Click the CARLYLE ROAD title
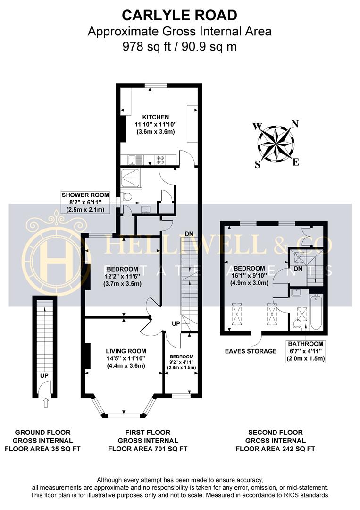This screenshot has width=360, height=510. [x=180, y=15]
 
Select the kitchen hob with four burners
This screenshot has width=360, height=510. [x=160, y=160]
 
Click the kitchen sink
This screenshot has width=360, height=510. [x=132, y=160]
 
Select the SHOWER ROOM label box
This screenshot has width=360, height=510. [x=85, y=202]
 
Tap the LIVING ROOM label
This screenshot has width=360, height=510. [x=126, y=351]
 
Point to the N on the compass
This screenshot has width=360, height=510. [x=295, y=124]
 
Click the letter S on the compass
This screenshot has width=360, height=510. [x=257, y=165]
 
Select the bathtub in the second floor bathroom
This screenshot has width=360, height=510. [x=316, y=312]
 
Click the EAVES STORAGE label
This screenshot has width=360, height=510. [x=251, y=351]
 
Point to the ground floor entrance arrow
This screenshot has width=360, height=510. [x=45, y=403]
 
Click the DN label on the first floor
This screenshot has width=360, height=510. [x=189, y=234]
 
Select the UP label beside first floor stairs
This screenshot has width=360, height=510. [x=176, y=323]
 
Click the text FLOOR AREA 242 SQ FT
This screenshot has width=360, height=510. [x=275, y=449]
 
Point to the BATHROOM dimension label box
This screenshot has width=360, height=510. [x=306, y=352]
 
